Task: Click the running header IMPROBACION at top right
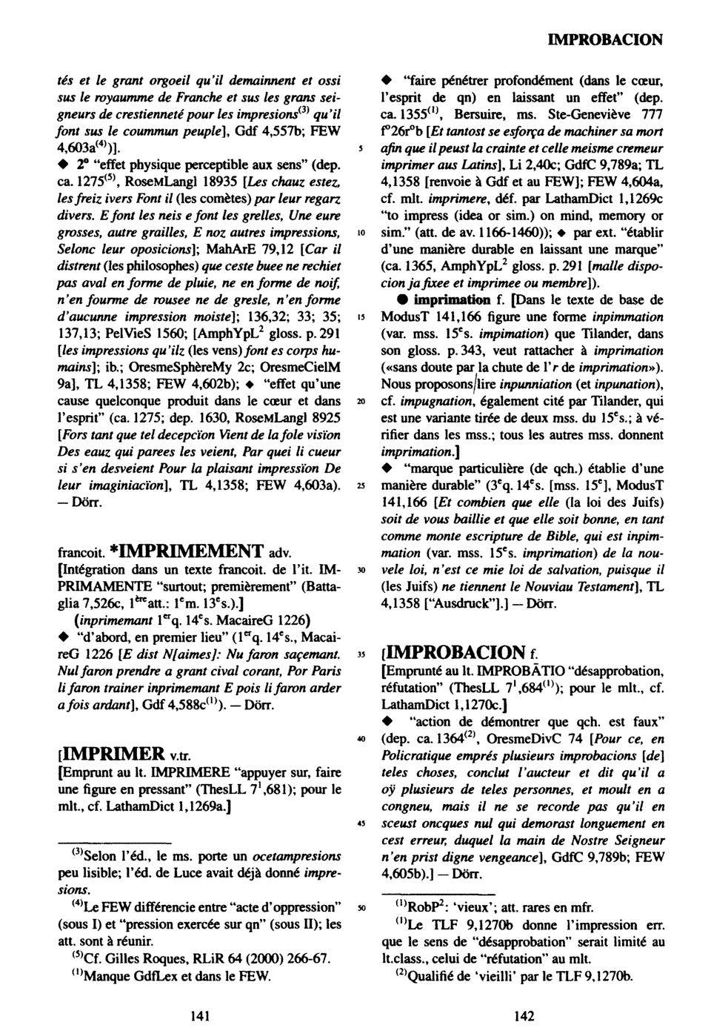tap(604, 39)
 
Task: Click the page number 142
tap(524, 1016)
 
